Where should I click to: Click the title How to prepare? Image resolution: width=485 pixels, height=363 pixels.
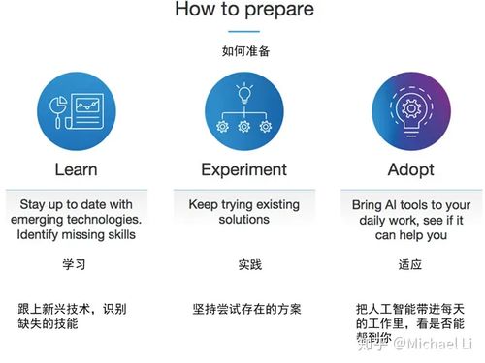pyautogui.click(x=244, y=11)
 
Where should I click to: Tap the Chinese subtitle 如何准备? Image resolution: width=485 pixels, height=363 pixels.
pyautogui.click(x=244, y=50)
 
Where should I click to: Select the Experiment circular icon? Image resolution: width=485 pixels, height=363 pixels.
pyautogui.click(x=244, y=112)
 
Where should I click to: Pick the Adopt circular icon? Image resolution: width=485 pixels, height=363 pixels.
pyautogui.click(x=406, y=112)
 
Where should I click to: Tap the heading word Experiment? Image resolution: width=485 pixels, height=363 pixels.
pyautogui.click(x=244, y=170)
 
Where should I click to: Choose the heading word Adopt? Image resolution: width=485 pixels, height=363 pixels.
pyautogui.click(x=406, y=170)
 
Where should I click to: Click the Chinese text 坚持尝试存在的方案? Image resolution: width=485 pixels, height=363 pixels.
pyautogui.click(x=246, y=309)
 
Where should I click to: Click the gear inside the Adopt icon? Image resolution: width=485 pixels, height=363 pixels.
pyautogui.click(x=406, y=105)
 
